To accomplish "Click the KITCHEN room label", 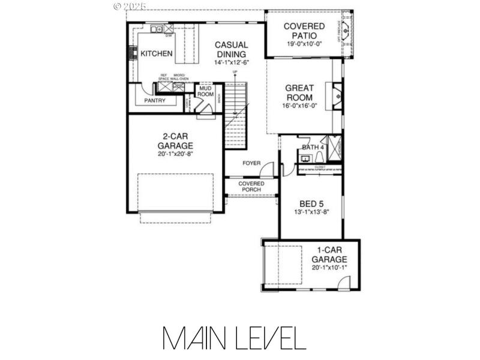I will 157,54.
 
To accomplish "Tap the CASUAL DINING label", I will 231,49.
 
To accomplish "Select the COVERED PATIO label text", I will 304,31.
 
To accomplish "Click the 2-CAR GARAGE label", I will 175,140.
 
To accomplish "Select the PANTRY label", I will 154,101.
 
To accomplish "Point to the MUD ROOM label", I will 206,91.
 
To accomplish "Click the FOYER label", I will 251,163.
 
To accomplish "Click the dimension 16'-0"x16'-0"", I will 299,106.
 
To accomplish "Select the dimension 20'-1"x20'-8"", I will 175,154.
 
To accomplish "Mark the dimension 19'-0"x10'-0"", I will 304,44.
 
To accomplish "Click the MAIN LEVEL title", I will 234,338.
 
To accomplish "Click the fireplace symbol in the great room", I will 337,95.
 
